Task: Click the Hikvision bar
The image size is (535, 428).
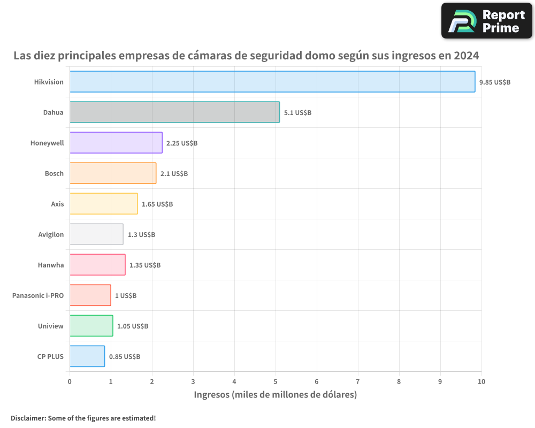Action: click(x=272, y=82)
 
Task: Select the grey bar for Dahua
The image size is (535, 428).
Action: click(x=174, y=112)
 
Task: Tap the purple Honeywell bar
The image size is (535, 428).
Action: click(x=116, y=143)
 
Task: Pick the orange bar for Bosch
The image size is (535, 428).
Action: click(x=112, y=173)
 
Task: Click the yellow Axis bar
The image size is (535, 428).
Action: click(x=103, y=204)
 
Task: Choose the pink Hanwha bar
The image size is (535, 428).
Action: click(x=97, y=265)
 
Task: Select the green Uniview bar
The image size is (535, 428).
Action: click(x=91, y=326)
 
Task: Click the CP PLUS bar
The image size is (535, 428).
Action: click(x=87, y=356)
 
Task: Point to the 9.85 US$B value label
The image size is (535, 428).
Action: click(x=495, y=82)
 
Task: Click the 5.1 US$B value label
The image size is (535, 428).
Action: click(x=297, y=113)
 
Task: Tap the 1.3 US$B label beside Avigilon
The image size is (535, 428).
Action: click(x=141, y=235)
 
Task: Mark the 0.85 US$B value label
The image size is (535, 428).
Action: click(x=125, y=357)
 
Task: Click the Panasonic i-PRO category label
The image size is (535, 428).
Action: click(x=38, y=295)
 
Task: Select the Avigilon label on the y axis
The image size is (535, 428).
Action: click(x=51, y=234)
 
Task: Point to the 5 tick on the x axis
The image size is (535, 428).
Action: click(x=276, y=381)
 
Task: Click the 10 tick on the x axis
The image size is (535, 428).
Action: click(x=481, y=381)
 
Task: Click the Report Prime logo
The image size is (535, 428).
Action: click(x=486, y=21)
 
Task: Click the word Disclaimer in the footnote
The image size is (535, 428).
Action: click(x=27, y=418)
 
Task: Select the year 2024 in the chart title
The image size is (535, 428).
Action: click(x=465, y=56)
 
